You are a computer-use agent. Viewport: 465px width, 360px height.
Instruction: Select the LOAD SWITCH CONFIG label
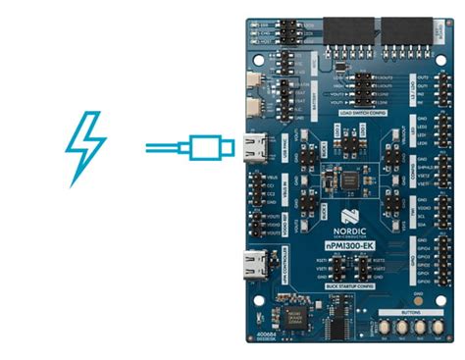pyautogui.click(x=353, y=112)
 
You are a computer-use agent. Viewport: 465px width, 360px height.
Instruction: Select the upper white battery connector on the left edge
pyautogui.click(x=259, y=81)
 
